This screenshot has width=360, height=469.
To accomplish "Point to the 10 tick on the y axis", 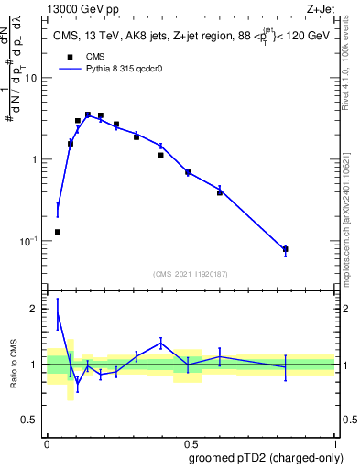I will (30, 78).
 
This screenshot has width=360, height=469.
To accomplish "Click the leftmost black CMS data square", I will (58, 232).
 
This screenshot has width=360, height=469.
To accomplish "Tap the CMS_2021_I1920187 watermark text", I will (190, 274).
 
